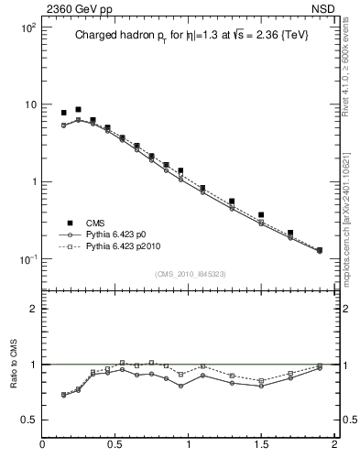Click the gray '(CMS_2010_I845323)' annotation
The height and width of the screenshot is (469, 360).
[x=189, y=272]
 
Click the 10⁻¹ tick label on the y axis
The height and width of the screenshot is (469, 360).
[x=27, y=259]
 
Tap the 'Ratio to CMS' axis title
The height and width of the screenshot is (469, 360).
[x=14, y=383]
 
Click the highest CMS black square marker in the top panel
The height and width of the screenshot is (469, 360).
[x=78, y=109]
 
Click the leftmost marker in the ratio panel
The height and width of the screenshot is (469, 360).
[x=63, y=395]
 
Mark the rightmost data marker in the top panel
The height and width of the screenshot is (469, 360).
[x=320, y=250]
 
